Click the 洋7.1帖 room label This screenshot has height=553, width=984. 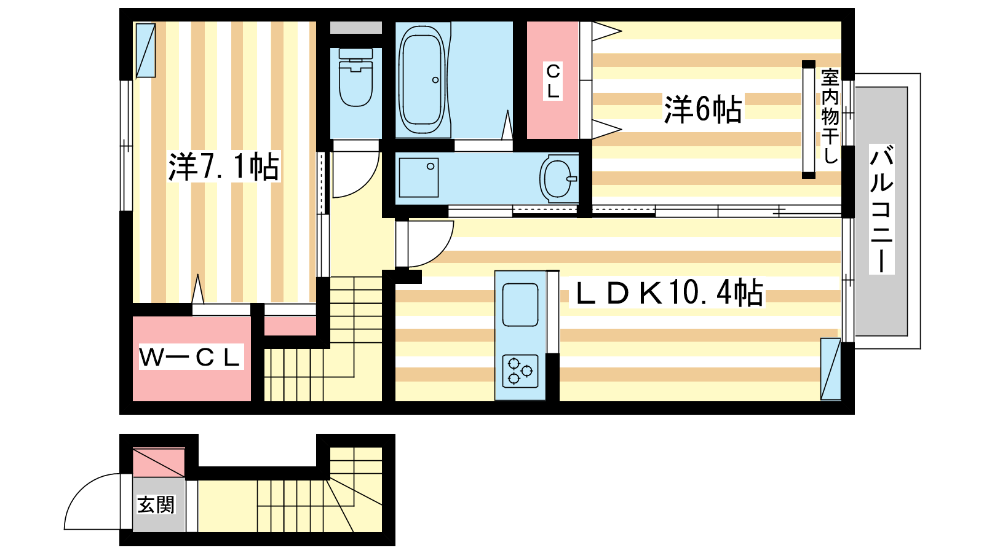tap(224, 167)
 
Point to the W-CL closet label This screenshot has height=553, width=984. tap(191, 357)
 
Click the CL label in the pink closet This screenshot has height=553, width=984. tap(553, 81)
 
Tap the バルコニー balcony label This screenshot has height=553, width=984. tap(881, 210)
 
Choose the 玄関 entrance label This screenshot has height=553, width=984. tap(156, 504)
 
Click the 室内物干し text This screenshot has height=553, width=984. tap(830, 116)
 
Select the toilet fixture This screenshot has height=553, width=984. tap(356, 77)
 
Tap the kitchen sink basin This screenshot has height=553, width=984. tap(520, 305)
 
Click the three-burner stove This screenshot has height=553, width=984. tap(520, 371)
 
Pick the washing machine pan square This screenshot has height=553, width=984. tap(419, 178)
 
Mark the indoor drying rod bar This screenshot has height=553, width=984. tap(808, 119)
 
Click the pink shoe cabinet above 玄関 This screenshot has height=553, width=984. tap(159, 463)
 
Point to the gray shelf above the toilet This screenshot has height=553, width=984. tap(356, 28)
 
